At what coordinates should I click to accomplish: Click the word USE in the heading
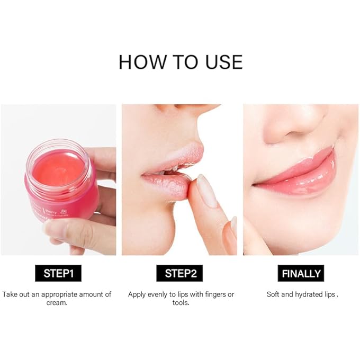pyautogui.click(x=221, y=62)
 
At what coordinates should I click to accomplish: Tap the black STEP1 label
pyautogui.click(x=58, y=274)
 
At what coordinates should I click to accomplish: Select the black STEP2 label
pyautogui.click(x=180, y=274)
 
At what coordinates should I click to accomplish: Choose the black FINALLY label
pyautogui.click(x=301, y=274)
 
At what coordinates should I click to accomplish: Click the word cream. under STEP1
pyautogui.click(x=57, y=303)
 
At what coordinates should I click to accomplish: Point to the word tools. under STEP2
pyautogui.click(x=180, y=303)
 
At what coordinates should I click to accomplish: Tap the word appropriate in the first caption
pyautogui.click(x=60, y=294)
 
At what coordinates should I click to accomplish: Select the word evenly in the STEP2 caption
pyautogui.click(x=162, y=294)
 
